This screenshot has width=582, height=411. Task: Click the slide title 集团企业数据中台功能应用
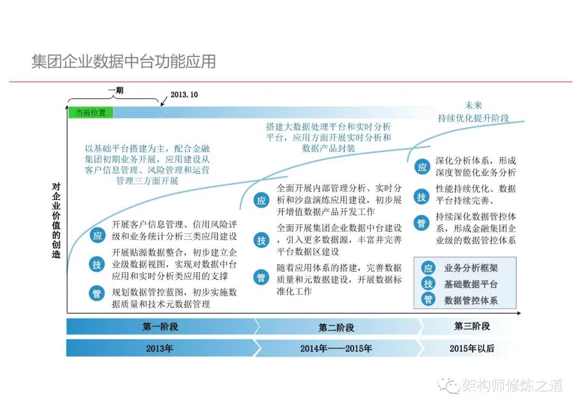click(123, 61)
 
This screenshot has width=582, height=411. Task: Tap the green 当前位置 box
click(91, 112)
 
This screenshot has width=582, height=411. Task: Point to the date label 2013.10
click(184, 95)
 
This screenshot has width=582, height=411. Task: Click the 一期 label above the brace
click(116, 90)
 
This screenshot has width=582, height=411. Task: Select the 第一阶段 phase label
click(161, 327)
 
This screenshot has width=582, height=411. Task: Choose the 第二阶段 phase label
click(336, 328)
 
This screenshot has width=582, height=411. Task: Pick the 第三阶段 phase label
click(472, 326)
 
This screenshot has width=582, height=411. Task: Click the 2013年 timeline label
click(159, 349)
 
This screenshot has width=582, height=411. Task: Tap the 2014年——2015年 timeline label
click(336, 349)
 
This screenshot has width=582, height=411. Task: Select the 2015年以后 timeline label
click(472, 349)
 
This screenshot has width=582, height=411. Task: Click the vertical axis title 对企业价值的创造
click(56, 220)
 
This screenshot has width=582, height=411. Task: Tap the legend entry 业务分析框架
click(470, 268)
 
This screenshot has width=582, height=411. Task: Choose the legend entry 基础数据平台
click(470, 284)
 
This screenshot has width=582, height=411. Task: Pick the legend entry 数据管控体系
click(470, 301)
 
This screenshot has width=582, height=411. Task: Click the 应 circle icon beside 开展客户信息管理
click(97, 235)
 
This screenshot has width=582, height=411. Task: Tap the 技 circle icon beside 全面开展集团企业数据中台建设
click(261, 240)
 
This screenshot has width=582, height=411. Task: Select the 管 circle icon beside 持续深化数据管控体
click(421, 223)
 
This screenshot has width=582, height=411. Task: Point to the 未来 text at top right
click(473, 105)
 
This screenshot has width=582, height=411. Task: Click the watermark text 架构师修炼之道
click(512, 385)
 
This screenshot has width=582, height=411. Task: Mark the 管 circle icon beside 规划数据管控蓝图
click(97, 294)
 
